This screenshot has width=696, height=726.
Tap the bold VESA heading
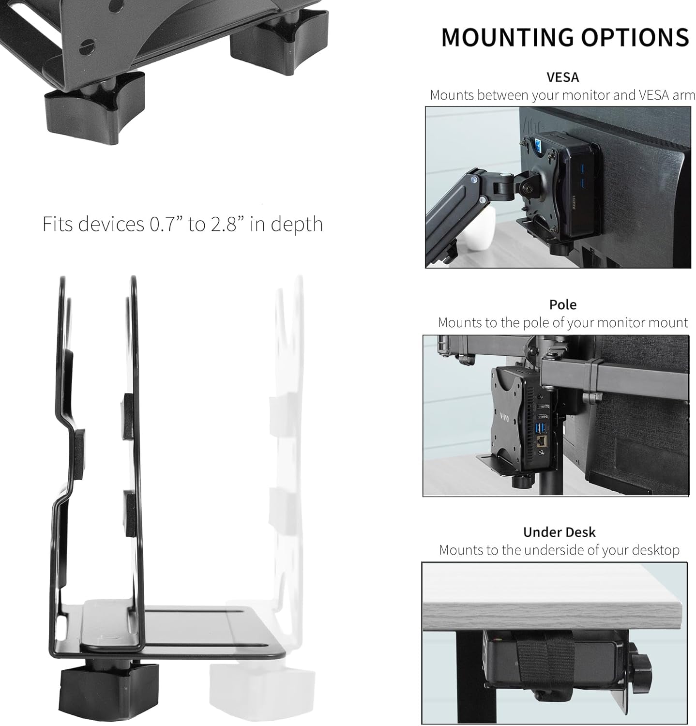[562, 77]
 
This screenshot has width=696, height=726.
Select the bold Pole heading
[562, 304]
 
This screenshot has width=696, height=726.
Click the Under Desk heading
[559, 532]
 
